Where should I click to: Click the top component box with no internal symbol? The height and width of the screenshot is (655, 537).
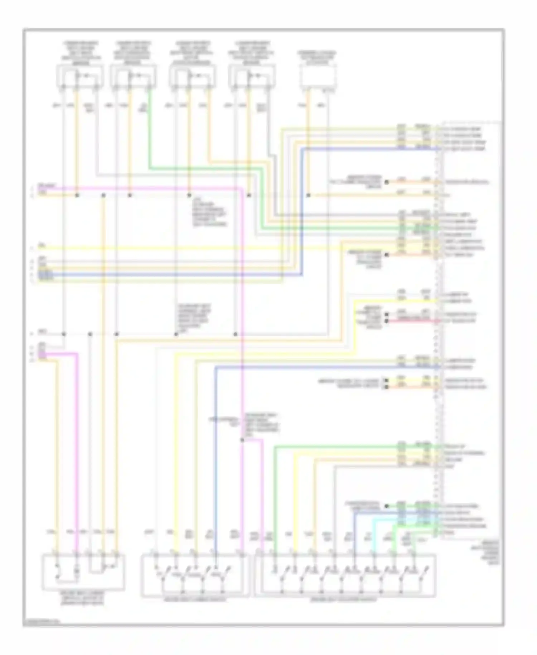318,76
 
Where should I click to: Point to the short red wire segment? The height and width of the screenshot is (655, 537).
412,321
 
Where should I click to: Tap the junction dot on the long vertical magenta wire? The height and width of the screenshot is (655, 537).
242,440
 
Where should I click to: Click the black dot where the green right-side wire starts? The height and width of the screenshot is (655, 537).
387,506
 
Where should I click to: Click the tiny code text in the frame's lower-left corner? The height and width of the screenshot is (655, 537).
42,622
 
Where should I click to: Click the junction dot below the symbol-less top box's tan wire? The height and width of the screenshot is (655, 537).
309,195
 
